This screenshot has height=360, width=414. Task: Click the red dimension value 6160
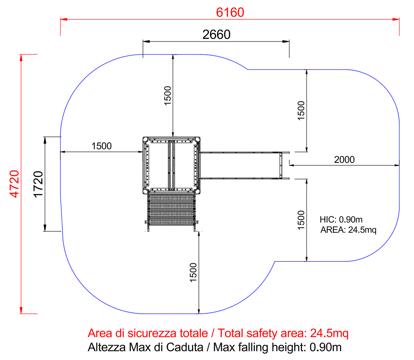(x=230, y=12)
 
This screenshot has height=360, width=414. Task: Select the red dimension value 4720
(x=14, y=184)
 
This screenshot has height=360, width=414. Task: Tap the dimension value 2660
(x=216, y=35)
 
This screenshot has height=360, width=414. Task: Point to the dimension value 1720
(x=38, y=184)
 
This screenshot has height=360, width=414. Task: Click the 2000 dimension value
(x=345, y=160)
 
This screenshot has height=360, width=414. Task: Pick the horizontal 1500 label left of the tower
(x=101, y=146)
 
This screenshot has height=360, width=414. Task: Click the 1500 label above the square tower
(x=168, y=96)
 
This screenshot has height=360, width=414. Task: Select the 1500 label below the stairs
(x=193, y=272)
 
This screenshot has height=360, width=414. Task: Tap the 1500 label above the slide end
(x=301, y=110)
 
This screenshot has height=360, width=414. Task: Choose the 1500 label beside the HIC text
(x=301, y=220)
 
